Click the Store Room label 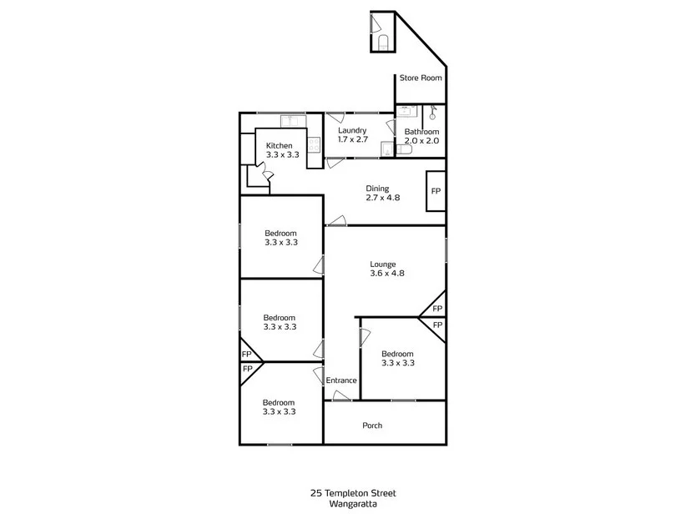tap(420, 78)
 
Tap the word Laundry tap(352, 130)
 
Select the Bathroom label tap(421, 132)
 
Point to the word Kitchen tap(280, 146)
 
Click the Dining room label tap(377, 189)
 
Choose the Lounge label tap(383, 265)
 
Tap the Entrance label tap(341, 380)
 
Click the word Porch tap(372, 426)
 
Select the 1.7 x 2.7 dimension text tap(352, 139)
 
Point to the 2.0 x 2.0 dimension tap(421, 141)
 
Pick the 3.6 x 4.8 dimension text tap(387, 274)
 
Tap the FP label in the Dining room tap(436, 191)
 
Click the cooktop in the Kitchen tap(315, 144)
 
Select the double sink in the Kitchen tap(292, 121)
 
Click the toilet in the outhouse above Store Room tap(383, 42)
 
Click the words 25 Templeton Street tap(353, 493)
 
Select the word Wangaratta tap(353, 503)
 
